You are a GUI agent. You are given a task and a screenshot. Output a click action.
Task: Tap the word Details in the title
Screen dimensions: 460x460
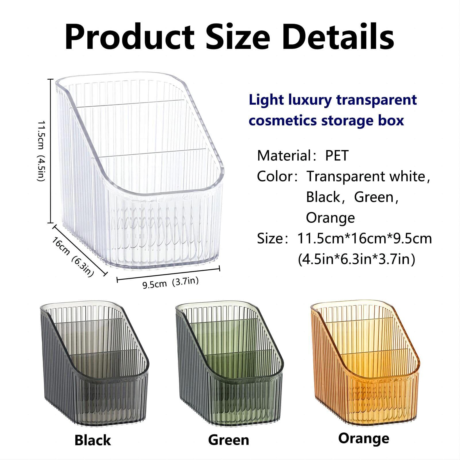click(338, 37)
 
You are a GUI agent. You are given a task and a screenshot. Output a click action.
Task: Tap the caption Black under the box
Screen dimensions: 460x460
click(93, 440)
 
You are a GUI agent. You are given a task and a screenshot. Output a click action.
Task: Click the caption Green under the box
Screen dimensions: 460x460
click(229, 440)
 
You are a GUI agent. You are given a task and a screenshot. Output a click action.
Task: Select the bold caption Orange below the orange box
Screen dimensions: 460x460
click(364, 439)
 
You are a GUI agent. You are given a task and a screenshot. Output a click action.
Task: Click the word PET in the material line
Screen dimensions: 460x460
click(337, 156)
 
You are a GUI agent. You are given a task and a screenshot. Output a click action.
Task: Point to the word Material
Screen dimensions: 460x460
click(283, 156)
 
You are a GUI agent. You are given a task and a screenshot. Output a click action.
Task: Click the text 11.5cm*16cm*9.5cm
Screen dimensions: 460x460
click(365, 239)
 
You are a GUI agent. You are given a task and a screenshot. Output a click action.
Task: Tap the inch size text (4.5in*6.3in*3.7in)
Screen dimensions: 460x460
click(356, 260)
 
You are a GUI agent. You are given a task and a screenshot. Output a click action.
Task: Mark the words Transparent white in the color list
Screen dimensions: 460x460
click(366, 176)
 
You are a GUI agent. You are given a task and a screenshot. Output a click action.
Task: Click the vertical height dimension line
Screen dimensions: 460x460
click(51, 151)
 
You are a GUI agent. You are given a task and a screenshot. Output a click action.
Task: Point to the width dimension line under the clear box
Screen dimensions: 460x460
click(168, 274)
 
